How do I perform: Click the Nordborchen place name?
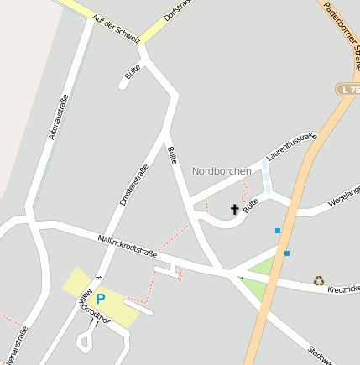coord(222,171)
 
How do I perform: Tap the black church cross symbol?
coord(234,208)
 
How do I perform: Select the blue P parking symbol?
coord(101,299)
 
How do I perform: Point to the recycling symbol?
coord(319,281)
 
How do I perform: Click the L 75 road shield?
coord(348,88)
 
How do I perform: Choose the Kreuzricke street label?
coord(344,289)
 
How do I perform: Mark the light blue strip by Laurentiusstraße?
coord(266,178)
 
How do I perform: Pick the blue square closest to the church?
coord(278,230)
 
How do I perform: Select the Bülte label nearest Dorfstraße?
coord(132,72)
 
